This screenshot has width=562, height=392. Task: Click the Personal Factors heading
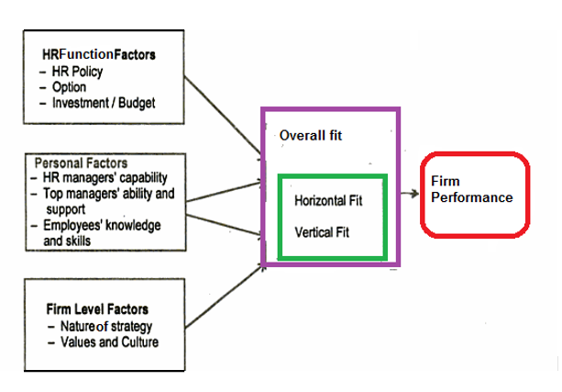81,162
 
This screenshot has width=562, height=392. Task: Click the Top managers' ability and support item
108,202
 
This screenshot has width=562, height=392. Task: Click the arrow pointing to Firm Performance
410,193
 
